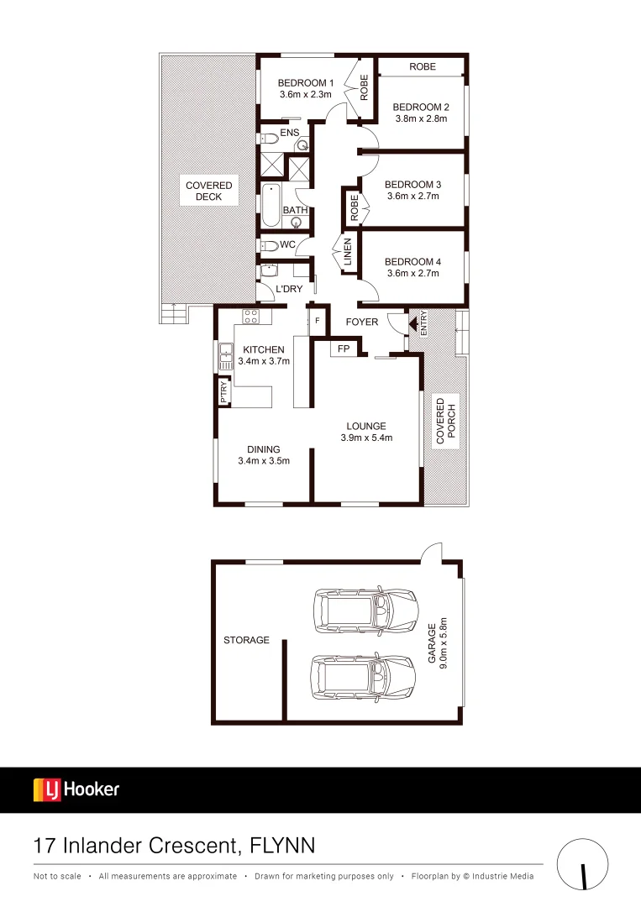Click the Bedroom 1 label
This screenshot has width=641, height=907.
307,83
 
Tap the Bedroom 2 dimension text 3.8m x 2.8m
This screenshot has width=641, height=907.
421,119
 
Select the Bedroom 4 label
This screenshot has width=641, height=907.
412,261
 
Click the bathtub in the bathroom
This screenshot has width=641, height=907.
271,206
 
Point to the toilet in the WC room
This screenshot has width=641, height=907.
269,245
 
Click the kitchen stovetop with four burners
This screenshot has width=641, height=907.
250,317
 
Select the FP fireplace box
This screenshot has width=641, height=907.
344,348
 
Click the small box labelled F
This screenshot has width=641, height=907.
318,321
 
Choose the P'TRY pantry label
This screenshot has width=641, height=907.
223,393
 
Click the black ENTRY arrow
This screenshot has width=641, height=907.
412,322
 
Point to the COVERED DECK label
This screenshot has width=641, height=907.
209,191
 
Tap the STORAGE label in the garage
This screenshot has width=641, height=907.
246,640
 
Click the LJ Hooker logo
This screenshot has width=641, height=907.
76,789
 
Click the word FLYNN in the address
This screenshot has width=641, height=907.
283,845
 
